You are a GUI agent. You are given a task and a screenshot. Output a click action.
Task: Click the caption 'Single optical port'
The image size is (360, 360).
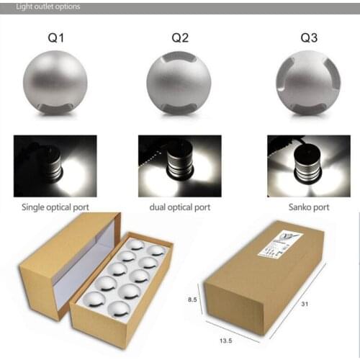(x=55, y=206)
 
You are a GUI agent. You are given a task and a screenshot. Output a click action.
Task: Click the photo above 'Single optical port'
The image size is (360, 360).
(x=55, y=166)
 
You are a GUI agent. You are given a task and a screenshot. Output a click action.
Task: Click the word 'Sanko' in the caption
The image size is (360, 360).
(x=296, y=206)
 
